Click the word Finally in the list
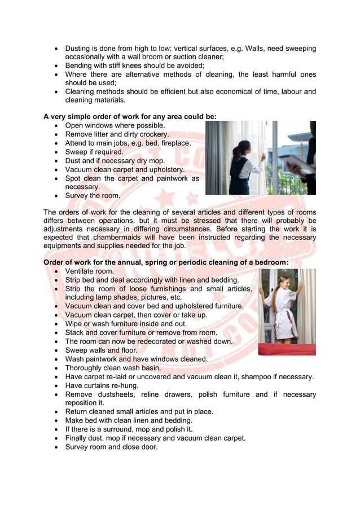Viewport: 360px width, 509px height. point(79,438)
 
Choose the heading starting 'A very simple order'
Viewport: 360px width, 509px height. point(130,116)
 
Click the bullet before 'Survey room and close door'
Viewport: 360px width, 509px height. point(55,447)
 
